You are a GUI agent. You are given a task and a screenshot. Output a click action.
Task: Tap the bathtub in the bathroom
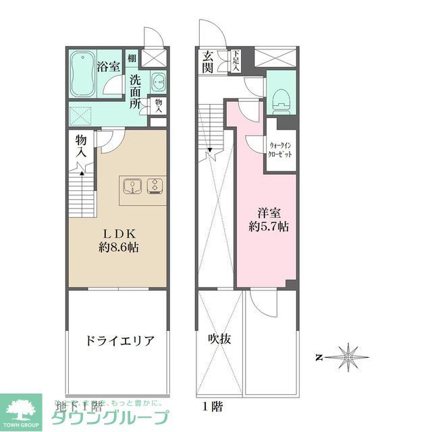(82, 76)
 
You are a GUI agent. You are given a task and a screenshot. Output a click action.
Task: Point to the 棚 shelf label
(132, 58)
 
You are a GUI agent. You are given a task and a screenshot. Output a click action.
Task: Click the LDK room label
(117, 232)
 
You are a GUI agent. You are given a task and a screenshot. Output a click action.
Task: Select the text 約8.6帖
(117, 247)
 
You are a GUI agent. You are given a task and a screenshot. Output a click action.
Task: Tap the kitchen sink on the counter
(132, 185)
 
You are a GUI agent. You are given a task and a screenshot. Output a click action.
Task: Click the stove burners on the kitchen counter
(155, 185)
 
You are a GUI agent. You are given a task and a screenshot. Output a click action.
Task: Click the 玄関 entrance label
(207, 61)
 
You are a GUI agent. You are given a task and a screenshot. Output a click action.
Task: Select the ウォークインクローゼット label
(281, 149)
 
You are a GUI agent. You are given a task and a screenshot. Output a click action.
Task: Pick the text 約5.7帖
(268, 227)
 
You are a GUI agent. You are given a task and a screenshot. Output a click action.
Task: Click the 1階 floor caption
(211, 406)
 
